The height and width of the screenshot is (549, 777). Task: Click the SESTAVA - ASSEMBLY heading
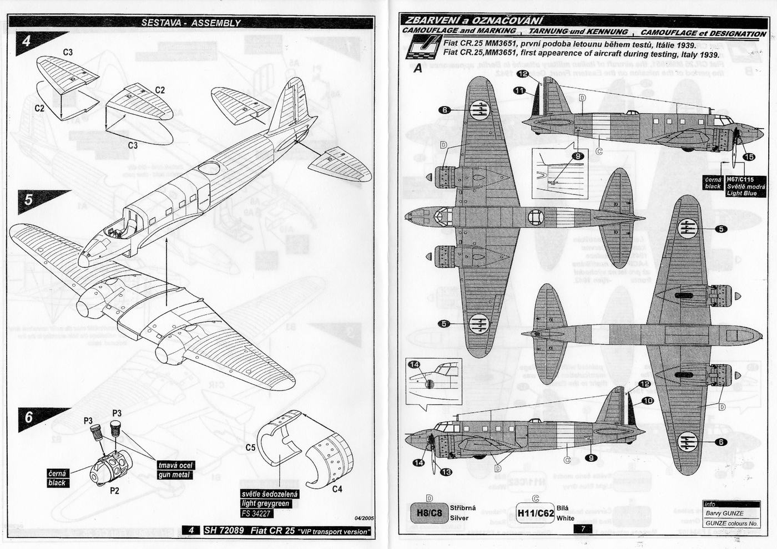click(190, 23)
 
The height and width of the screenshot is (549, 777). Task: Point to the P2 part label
click(114, 490)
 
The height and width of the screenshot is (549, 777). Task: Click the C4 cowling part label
click(337, 489)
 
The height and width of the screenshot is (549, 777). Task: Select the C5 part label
click(250, 447)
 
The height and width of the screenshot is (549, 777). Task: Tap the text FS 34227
click(257, 514)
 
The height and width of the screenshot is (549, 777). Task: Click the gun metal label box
click(174, 470)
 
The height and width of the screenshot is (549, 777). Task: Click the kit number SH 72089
click(224, 530)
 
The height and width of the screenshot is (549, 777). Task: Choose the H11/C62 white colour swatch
click(535, 513)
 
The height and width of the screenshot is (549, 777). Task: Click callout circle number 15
click(749, 157)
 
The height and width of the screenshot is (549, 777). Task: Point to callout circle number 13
click(446, 472)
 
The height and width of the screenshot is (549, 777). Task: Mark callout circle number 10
click(648, 401)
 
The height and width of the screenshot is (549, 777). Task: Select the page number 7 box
click(583, 529)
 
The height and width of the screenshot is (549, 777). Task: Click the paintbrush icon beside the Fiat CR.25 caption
click(422, 47)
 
